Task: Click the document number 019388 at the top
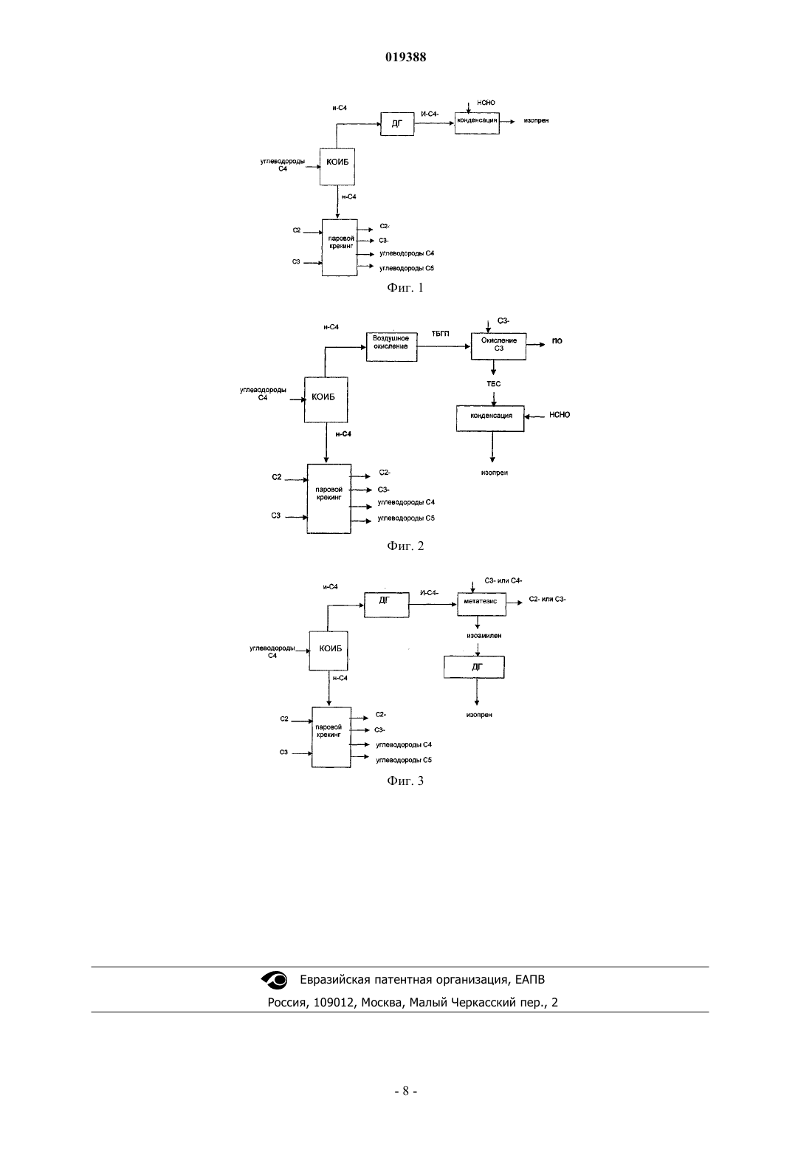click(405, 57)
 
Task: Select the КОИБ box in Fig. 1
click(337, 166)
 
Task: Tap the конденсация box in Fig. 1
click(477, 123)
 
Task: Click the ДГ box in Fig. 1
click(397, 123)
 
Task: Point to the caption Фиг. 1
click(405, 288)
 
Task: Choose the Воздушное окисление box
click(392, 346)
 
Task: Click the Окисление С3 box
click(499, 346)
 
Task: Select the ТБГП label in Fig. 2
click(440, 334)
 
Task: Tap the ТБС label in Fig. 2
click(493, 384)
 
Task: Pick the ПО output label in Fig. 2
click(557, 341)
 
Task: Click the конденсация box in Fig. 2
click(491, 418)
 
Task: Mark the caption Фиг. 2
click(405, 546)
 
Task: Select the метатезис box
click(481, 604)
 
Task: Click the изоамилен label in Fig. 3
click(484, 636)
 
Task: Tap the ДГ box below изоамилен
click(474, 667)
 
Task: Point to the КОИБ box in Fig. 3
click(328, 651)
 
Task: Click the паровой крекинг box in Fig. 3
click(331, 737)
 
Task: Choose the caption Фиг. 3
click(405, 781)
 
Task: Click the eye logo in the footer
click(275, 980)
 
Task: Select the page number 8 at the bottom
click(405, 1091)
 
